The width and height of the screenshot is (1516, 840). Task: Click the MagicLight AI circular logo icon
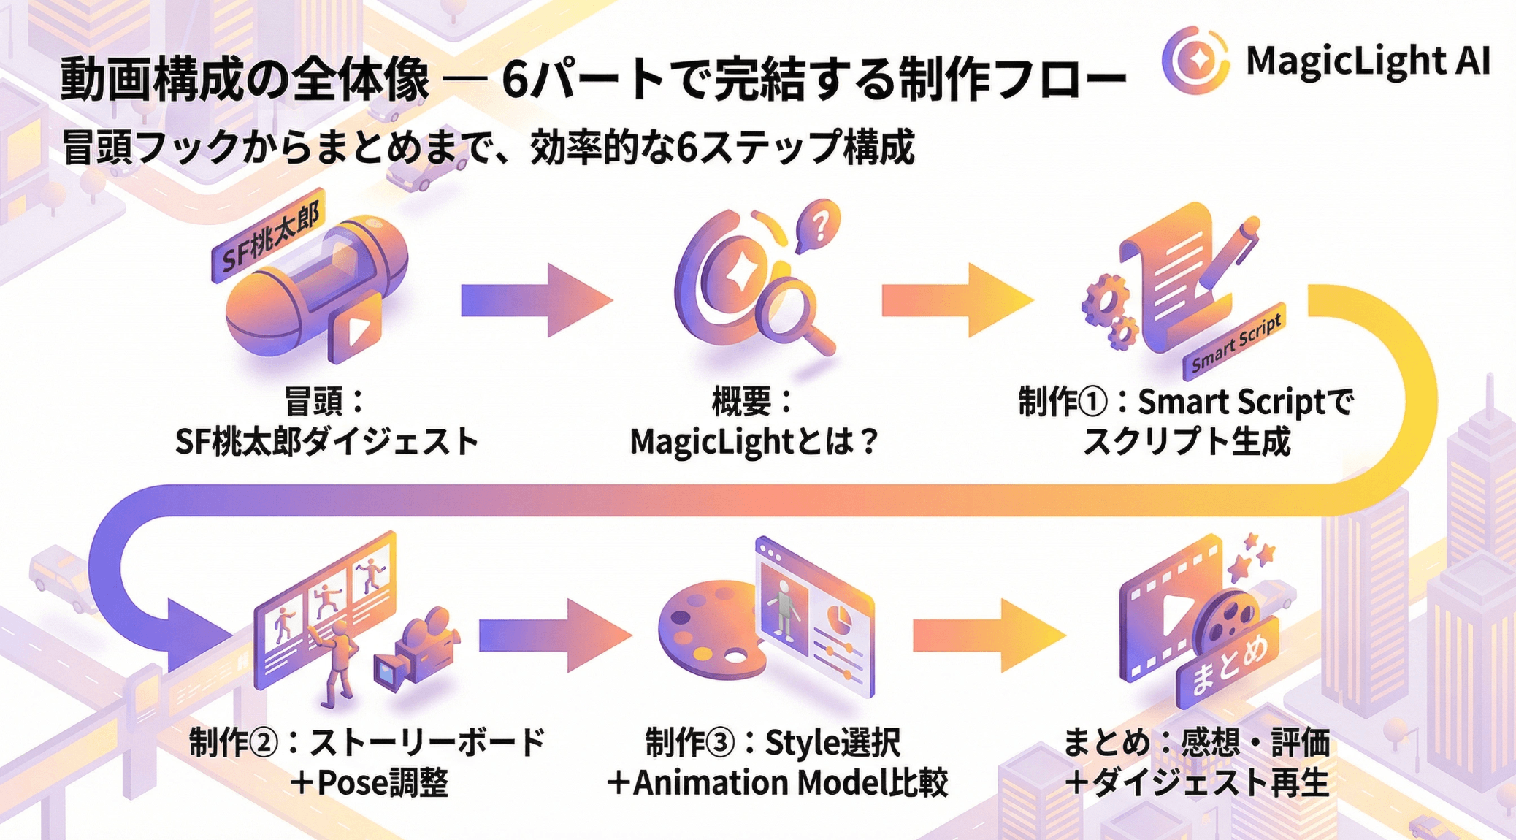[x=1195, y=60]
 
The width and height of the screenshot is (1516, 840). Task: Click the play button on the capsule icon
[x=356, y=329]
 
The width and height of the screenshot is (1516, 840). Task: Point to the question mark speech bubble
[x=819, y=225]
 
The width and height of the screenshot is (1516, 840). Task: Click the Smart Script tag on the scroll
[x=1235, y=341]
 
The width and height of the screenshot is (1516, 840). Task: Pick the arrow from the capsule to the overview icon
[x=536, y=300]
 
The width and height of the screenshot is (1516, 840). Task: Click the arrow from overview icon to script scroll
[x=957, y=300]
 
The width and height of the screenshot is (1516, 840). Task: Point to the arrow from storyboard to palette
[x=555, y=635]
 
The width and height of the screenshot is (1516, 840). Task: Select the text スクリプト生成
[x=1187, y=441]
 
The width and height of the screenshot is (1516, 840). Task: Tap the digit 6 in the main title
[x=516, y=80]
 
